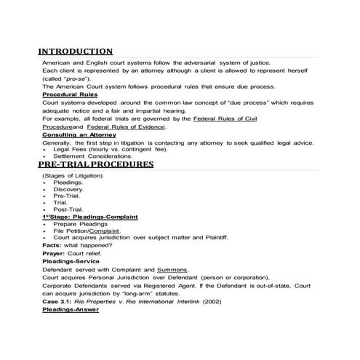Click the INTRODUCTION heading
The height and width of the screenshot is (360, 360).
click(76, 52)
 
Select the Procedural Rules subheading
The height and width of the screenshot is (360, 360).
click(69, 95)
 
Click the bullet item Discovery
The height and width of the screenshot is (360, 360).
click(69, 189)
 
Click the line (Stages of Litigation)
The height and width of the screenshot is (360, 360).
click(73, 175)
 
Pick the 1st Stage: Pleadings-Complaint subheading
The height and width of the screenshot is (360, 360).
click(91, 217)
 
